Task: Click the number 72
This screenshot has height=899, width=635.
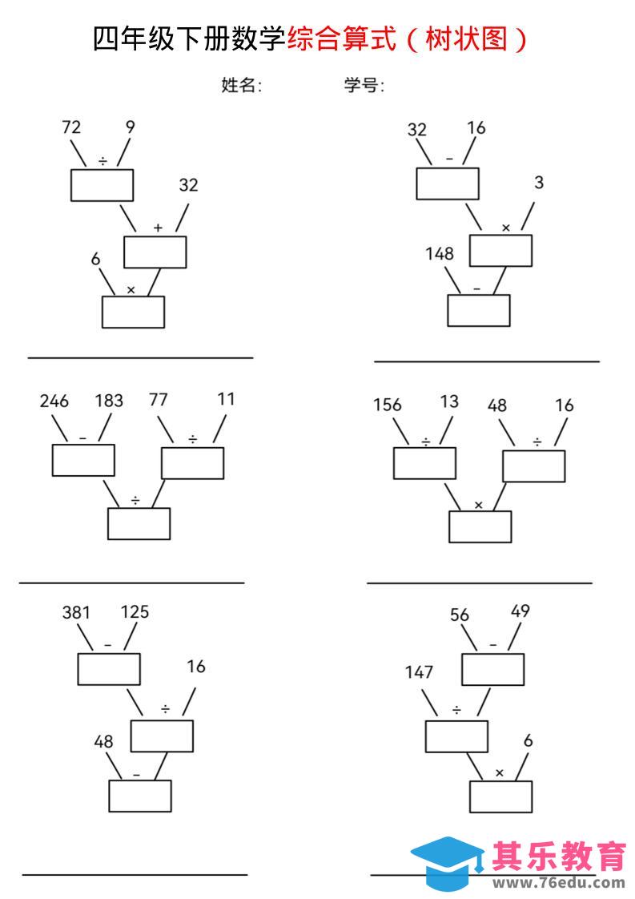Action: pos(71,127)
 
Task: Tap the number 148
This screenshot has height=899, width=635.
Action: pos(440,253)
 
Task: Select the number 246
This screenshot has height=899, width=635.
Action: pos(54,401)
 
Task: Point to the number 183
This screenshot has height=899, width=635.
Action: pos(109,400)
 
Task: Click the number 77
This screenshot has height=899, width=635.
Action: pos(159,399)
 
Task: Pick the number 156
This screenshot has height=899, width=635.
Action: pos(388,405)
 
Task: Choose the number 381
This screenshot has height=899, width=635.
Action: pos(76,612)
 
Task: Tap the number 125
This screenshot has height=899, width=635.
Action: pos(135,612)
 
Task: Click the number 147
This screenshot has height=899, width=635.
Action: pos(419,672)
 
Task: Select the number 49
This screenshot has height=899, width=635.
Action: pos(520,611)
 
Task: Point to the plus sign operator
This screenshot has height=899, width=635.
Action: pos(159,228)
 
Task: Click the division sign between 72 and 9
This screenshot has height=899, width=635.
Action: pos(102,161)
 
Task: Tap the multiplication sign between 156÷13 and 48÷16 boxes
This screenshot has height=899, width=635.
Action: pos(479,505)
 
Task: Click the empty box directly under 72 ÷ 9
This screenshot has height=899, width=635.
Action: pos(102,185)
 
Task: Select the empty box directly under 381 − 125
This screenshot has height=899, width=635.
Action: pos(109,669)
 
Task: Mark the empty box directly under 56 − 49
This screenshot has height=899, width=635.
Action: pos(493,669)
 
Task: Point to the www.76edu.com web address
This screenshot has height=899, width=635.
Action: pos(559,883)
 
